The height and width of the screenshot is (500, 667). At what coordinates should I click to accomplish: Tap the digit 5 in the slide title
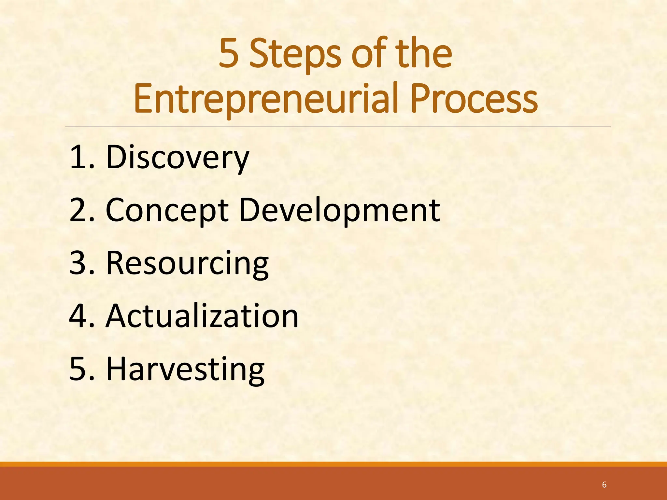[229, 54]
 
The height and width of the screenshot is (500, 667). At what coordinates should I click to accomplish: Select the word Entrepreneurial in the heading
[266, 99]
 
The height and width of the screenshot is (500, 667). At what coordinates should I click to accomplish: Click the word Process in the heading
[474, 99]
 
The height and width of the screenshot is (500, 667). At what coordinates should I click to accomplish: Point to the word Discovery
[177, 158]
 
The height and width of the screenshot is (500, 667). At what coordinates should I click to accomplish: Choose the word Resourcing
[187, 263]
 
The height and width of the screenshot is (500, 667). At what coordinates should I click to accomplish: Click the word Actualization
[202, 316]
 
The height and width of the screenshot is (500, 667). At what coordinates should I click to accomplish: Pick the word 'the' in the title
[423, 54]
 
